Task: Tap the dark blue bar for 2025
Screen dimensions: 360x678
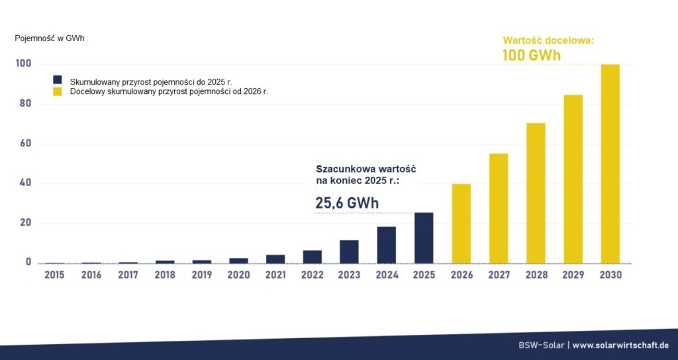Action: point(424,238)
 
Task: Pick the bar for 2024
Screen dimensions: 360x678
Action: point(387,245)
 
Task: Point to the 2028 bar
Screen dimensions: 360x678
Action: point(536,193)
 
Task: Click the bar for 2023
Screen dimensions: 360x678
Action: point(349,251)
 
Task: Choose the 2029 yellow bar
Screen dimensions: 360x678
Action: point(573,179)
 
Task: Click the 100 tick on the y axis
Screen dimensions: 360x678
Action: point(23,64)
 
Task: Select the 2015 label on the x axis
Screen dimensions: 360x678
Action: point(54,275)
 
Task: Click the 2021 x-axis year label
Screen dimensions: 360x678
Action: point(275,275)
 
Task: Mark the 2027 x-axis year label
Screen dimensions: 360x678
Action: point(498,275)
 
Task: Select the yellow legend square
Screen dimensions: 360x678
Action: point(57,91)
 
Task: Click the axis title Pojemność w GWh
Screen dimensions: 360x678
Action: point(50,38)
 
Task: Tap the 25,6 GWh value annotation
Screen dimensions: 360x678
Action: point(347,203)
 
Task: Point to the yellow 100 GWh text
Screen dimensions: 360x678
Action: point(531,55)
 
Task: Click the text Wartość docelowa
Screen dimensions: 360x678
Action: point(548,40)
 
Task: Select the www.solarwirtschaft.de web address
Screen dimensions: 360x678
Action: point(620,345)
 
